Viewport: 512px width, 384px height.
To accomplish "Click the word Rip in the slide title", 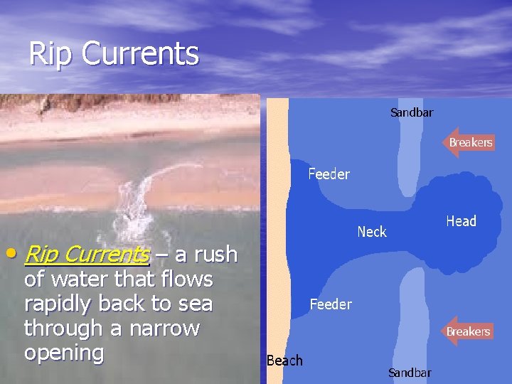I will point(50,53).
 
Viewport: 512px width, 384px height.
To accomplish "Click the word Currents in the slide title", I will point(140,53).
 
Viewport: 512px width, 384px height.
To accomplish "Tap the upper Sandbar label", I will point(412,112).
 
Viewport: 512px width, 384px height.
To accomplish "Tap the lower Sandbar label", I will point(410,373).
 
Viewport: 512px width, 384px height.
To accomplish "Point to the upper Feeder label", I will point(329,174).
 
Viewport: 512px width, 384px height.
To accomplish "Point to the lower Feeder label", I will point(331,304).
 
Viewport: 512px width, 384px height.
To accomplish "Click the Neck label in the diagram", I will point(371,232).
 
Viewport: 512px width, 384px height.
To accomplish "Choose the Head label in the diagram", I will point(461,221).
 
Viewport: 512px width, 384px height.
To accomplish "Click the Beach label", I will point(284,361).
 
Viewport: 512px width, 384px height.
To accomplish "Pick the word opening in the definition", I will point(64,353).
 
